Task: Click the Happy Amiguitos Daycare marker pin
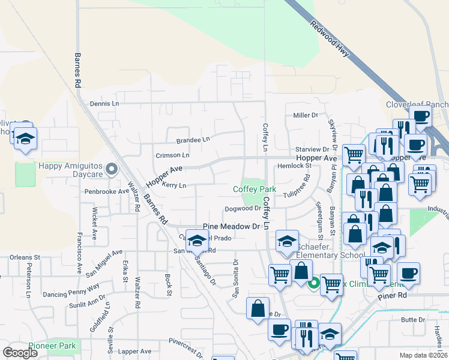click(x=110, y=170)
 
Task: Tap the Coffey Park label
click(x=255, y=189)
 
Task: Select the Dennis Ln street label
click(x=104, y=103)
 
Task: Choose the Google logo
click(x=20, y=353)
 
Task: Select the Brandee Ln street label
click(x=193, y=140)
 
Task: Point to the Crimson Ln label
click(x=172, y=155)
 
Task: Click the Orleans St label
click(x=24, y=257)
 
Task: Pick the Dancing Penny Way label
click(x=70, y=290)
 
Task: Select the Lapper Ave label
click(x=134, y=351)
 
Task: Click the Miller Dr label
click(x=306, y=115)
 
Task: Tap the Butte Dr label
click(x=413, y=320)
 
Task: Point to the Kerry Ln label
click(x=173, y=185)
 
